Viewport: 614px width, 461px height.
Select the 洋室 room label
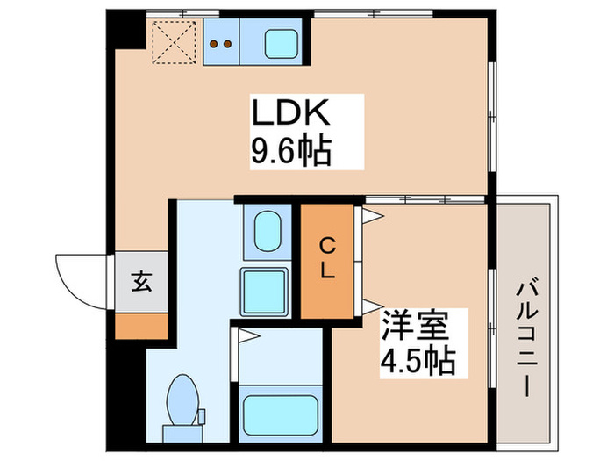[413, 328]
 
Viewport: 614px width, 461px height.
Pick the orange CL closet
[326, 260]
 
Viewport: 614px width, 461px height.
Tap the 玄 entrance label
[140, 283]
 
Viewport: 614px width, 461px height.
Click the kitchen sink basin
[282, 43]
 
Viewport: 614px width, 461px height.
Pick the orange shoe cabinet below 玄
[140, 326]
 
